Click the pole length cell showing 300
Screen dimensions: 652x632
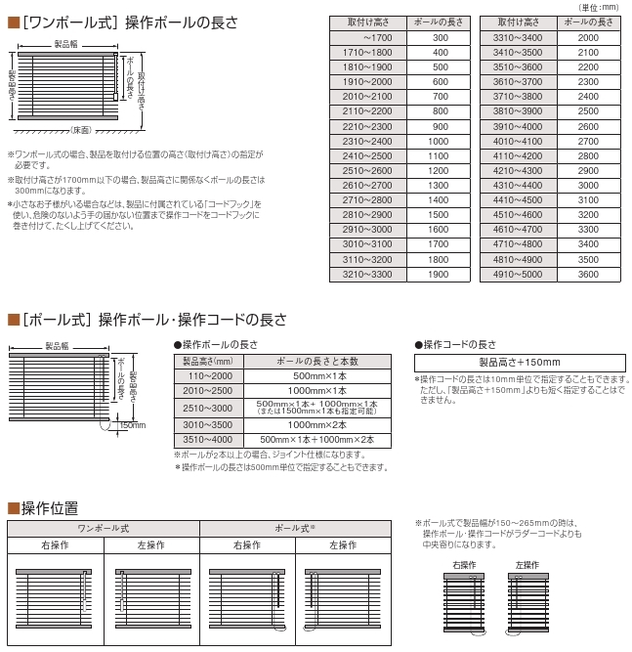click(x=440, y=37)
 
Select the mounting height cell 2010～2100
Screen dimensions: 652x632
click(x=366, y=96)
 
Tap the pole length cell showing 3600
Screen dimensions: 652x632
click(x=588, y=276)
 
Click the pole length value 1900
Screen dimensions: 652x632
click(x=440, y=276)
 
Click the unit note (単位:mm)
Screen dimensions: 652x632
click(x=605, y=7)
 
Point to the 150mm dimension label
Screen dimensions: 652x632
click(x=132, y=424)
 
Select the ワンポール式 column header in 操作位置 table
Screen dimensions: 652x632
click(x=103, y=528)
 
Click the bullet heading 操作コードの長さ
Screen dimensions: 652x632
click(x=458, y=344)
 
